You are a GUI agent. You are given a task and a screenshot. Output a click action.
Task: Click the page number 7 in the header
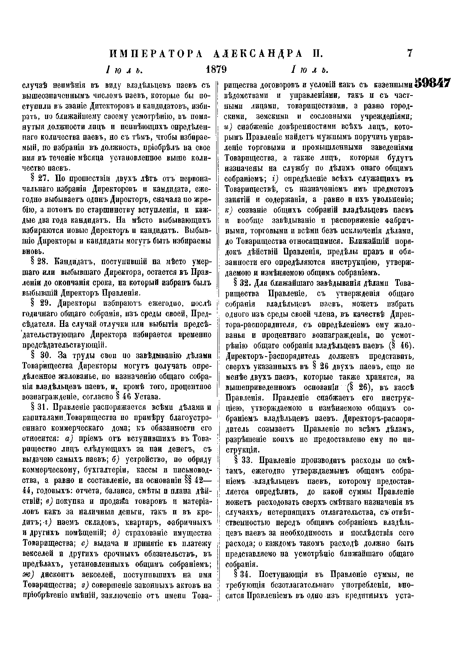point(410,52)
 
